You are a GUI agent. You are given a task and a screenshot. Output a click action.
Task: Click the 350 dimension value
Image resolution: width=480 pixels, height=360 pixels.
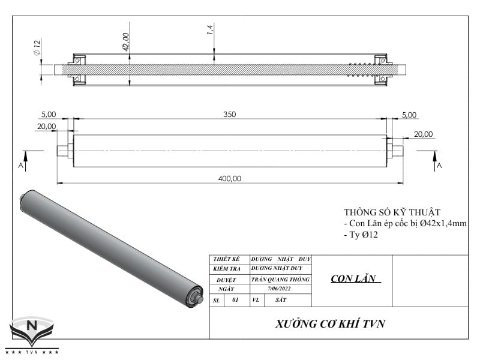[229, 114]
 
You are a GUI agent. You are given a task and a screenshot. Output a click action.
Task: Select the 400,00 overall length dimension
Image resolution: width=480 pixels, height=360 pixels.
[229, 178]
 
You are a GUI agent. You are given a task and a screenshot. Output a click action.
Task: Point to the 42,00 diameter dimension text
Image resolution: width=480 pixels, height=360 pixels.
[126, 41]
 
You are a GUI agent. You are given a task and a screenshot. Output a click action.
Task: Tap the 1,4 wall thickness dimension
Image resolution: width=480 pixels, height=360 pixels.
[211, 29]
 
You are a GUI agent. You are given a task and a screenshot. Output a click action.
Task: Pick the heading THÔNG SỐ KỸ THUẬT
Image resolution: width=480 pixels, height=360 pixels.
[392, 212]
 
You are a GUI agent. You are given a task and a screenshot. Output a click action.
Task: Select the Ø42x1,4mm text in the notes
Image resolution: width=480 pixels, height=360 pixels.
[442, 223]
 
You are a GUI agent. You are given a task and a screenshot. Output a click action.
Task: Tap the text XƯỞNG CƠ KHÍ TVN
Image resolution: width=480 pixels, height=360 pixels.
[330, 324]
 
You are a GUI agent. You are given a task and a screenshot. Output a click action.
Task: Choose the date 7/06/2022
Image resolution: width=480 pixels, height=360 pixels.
[281, 289]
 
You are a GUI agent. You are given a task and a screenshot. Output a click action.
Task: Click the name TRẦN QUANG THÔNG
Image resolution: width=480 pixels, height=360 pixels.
[280, 279]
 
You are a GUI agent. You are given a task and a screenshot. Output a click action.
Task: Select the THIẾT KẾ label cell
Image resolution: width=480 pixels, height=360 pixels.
[226, 259]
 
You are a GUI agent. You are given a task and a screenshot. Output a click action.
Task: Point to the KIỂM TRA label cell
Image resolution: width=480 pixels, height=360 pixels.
[226, 269]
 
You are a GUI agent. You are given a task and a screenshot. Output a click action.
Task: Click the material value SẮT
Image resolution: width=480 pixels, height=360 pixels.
[280, 299]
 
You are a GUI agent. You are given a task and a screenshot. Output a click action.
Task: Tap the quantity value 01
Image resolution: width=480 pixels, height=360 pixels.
[235, 299]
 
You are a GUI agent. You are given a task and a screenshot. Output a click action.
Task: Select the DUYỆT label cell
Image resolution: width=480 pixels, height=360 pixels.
[226, 279]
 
